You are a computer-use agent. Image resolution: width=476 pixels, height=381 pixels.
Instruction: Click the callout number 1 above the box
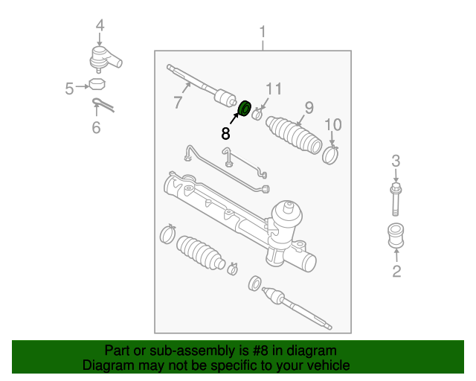[x=262, y=32]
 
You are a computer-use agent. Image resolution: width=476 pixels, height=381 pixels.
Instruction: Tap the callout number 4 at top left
[x=100, y=27]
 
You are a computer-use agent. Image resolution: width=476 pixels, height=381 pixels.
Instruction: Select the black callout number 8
[x=225, y=134]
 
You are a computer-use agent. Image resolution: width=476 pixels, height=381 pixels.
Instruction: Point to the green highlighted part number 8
[x=243, y=109]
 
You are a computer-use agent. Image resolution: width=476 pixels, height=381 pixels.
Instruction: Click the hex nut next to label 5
[x=96, y=83]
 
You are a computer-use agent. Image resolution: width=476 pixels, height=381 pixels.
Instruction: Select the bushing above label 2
[x=396, y=236]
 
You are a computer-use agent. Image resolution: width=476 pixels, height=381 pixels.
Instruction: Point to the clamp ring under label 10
[x=330, y=154]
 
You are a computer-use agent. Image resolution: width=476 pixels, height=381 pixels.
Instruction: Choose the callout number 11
[x=274, y=89]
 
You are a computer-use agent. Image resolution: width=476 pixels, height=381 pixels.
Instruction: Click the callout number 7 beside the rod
[x=178, y=103]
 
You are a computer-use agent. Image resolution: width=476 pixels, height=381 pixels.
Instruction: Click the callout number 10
[x=332, y=124]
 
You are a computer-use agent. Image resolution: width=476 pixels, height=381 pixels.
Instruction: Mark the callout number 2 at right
[x=396, y=271]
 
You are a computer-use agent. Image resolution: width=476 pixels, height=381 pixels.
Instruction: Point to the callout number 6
[x=95, y=128]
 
